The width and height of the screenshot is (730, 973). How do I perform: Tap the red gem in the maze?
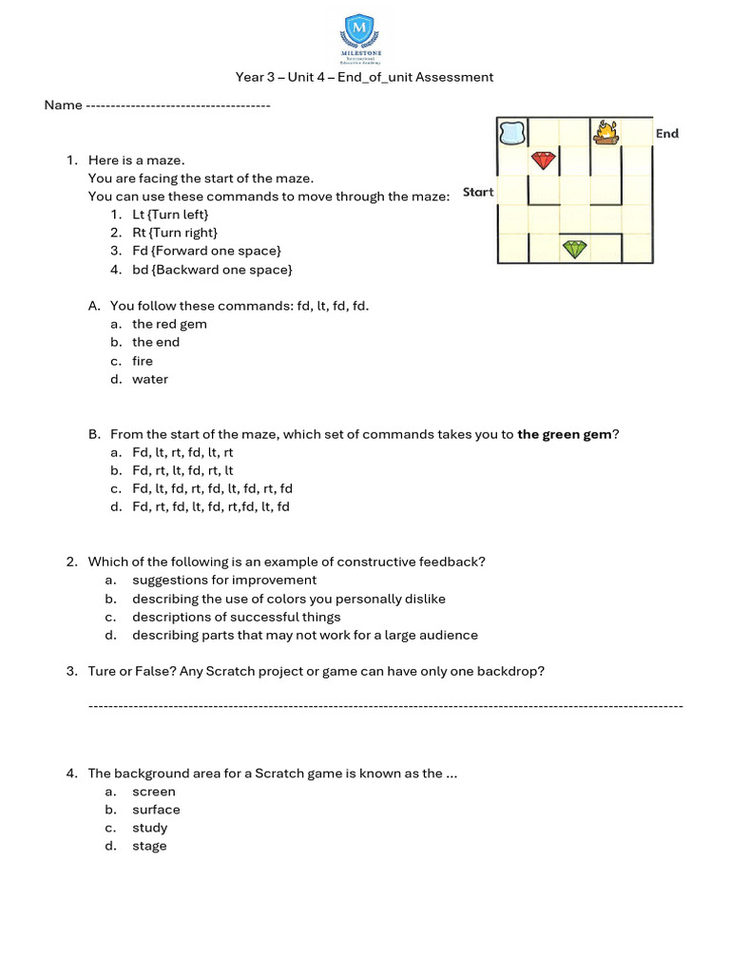543,161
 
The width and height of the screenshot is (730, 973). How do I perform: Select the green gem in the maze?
574,249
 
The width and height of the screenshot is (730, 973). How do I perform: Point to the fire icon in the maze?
605,132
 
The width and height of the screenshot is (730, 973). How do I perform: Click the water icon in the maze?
512,133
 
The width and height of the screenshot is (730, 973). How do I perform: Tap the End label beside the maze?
667,134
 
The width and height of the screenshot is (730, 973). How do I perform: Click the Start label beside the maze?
478,192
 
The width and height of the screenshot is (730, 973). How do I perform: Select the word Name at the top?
63,105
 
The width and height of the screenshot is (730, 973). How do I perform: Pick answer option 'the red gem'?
169,324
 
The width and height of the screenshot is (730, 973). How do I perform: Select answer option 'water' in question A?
150,379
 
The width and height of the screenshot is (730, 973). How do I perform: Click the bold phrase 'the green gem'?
564,434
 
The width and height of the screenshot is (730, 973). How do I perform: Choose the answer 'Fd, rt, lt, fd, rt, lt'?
182,470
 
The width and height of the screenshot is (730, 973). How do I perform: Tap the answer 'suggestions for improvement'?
224,580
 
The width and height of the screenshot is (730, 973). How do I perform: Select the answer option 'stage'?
149,846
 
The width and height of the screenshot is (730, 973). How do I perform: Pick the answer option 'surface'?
156,810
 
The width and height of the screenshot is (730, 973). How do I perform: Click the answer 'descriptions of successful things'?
236,617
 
